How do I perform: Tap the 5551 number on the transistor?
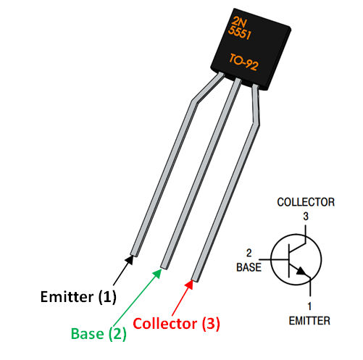click(x=239, y=33)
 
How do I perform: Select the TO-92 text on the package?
click(x=244, y=61)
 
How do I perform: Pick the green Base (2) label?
click(x=99, y=334)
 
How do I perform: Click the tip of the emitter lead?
click(x=133, y=253)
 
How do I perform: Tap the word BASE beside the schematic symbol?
click(x=246, y=267)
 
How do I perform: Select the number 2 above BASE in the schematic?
click(x=249, y=254)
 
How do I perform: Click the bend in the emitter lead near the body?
click(x=193, y=103)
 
